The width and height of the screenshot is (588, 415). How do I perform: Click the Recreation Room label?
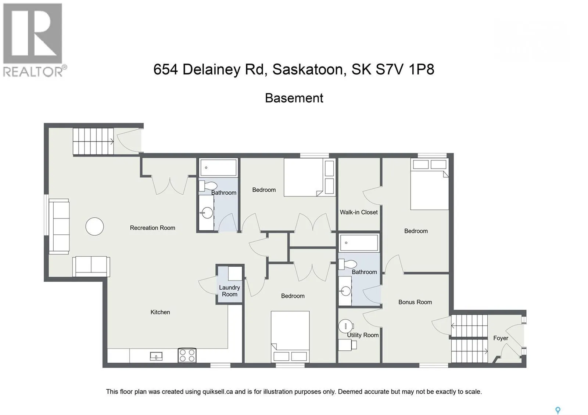coord(152,228)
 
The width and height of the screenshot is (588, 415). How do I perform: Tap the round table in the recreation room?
coord(94,227)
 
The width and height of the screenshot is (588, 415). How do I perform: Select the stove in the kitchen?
coord(187,355)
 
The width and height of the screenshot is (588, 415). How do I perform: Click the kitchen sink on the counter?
coord(156,356)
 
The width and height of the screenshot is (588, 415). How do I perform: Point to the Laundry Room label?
coord(229,291)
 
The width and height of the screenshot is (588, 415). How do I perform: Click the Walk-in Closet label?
coord(359,212)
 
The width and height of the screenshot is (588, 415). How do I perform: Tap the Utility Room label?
coord(363,335)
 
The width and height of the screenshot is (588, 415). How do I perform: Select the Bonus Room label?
coord(415,302)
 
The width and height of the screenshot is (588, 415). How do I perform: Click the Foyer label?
coord(501,338)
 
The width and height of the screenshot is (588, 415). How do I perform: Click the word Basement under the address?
coord(294,98)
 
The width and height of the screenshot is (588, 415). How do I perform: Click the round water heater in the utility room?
coord(345,326)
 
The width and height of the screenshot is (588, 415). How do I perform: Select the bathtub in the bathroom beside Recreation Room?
coord(218,167)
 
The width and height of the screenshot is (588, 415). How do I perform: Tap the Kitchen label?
coord(160,312)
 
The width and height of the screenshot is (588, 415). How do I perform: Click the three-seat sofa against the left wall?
coord(59,227)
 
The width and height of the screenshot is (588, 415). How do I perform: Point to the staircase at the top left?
coord(93,141)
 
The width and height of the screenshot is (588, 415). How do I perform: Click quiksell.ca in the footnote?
coord(218,391)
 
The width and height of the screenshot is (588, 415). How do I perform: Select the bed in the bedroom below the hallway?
coord(290,336)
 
